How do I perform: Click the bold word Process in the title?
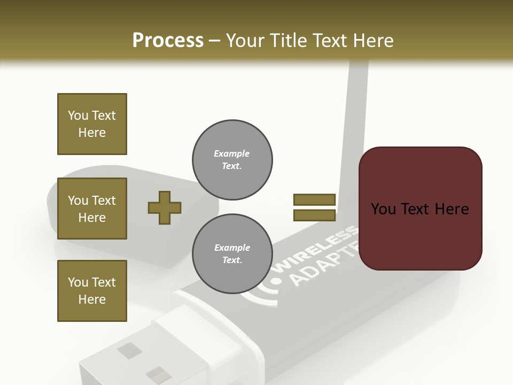pyautogui.click(x=168, y=41)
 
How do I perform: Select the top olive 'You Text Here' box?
pyautogui.click(x=92, y=124)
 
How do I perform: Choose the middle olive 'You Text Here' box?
pyautogui.click(x=92, y=209)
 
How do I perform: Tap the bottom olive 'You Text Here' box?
pyautogui.click(x=92, y=290)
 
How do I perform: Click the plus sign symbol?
pyautogui.click(x=165, y=207)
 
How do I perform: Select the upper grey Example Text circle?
pyautogui.click(x=232, y=159)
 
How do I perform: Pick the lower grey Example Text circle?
pyautogui.click(x=232, y=253)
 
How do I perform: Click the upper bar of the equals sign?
pyautogui.click(x=314, y=199)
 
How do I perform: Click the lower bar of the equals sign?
pyautogui.click(x=314, y=215)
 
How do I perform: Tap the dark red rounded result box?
pyautogui.click(x=420, y=209)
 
